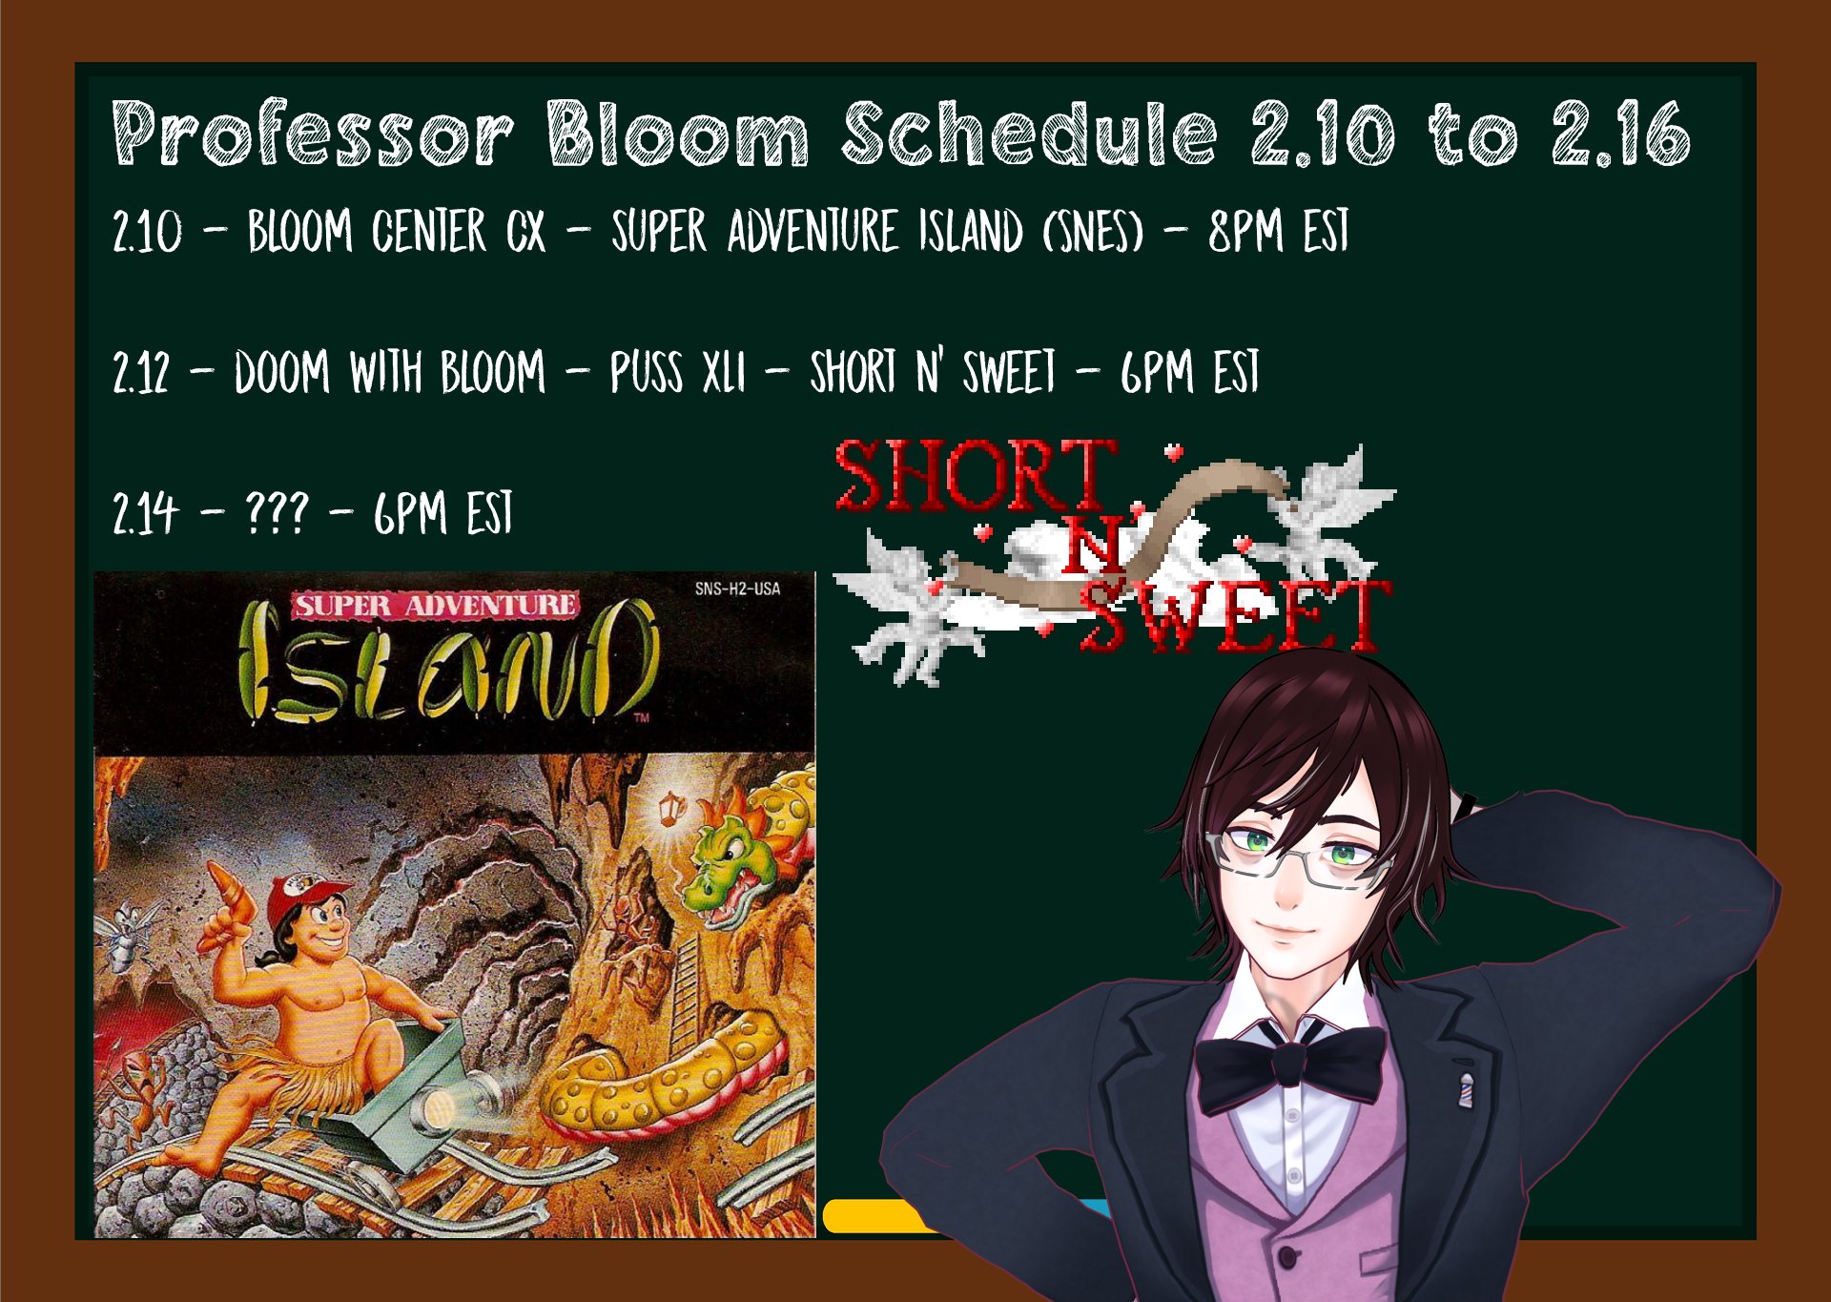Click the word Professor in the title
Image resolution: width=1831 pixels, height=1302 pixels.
coord(313,134)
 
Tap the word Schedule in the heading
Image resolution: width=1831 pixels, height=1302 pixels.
coord(1030,134)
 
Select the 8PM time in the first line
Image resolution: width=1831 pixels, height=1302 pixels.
coord(1246,231)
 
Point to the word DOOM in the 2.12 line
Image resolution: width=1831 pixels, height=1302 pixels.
coord(282,372)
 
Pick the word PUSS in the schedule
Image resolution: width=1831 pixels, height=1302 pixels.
coord(647,372)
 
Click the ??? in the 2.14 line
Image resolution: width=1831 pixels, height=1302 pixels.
coord(277,513)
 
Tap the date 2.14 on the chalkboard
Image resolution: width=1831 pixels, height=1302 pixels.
coord(145,513)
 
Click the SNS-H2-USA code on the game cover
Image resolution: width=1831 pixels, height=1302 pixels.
coord(737,589)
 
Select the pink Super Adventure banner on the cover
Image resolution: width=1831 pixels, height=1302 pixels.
coord(436,606)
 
